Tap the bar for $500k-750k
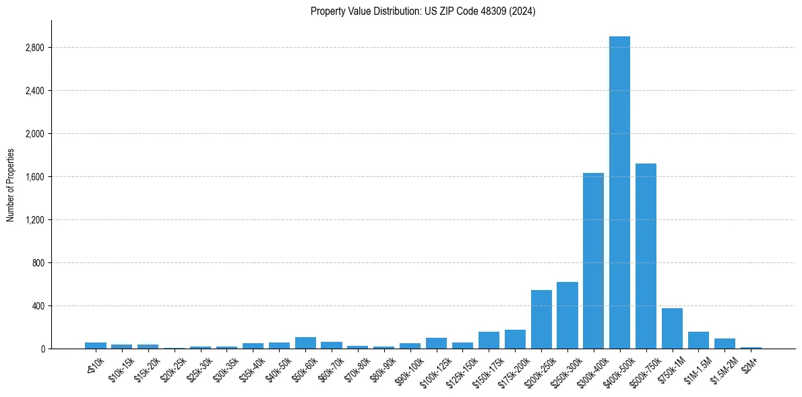click(x=646, y=256)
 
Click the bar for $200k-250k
click(x=541, y=320)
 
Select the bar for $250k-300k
click(x=567, y=316)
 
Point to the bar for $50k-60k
click(x=305, y=343)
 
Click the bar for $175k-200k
click(x=515, y=339)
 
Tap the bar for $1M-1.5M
click(x=698, y=340)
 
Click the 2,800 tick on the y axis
click(x=34, y=48)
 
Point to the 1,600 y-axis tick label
click(x=34, y=177)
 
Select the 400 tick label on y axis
click(x=38, y=306)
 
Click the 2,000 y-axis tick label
click(x=34, y=134)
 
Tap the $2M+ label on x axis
click(x=749, y=363)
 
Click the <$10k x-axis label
click(x=95, y=363)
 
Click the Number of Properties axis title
click(x=10, y=184)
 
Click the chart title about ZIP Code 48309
click(x=423, y=11)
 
